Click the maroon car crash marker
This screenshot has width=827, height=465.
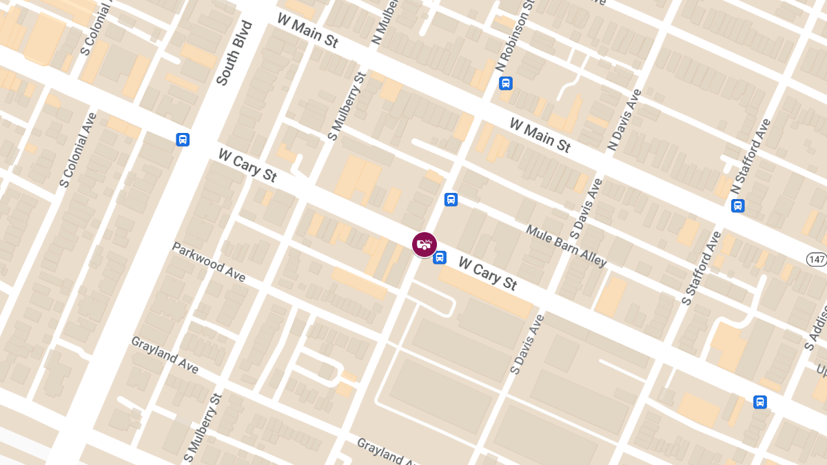click(425, 245)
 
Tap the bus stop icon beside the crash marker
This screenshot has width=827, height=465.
click(439, 258)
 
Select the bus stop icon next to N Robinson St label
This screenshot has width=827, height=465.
click(506, 83)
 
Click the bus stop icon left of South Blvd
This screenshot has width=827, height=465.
click(183, 139)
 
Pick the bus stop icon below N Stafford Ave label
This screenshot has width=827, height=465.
click(738, 205)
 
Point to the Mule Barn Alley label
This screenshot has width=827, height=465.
click(566, 246)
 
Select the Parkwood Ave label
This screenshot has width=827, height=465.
click(209, 262)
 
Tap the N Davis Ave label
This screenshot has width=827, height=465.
click(624, 121)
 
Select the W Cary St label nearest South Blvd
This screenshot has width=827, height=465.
click(247, 165)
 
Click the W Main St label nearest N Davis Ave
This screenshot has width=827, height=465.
click(540, 135)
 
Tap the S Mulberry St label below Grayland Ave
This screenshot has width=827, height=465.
click(203, 427)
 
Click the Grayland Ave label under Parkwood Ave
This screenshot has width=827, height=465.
click(165, 355)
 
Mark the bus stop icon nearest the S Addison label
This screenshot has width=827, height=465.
click(760, 402)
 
